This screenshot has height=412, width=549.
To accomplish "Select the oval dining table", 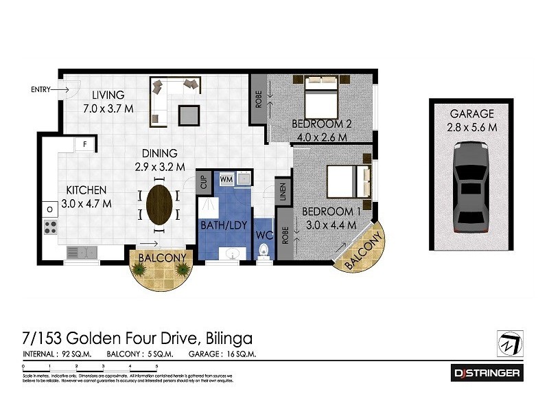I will click(x=161, y=204).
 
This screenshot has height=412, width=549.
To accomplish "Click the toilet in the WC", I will click(x=262, y=253).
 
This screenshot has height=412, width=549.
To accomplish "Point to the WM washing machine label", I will click(x=226, y=179).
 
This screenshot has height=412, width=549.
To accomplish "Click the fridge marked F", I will click(x=84, y=145).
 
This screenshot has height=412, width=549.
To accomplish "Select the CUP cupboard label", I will click(x=204, y=183).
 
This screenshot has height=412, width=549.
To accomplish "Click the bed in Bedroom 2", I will click(x=320, y=98).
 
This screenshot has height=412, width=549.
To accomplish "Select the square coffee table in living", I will click(x=189, y=114).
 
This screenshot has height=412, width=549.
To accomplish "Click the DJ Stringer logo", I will click(x=487, y=373).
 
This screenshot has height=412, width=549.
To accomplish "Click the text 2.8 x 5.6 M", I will click(x=472, y=127).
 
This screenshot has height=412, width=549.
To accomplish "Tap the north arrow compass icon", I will click(x=509, y=341).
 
